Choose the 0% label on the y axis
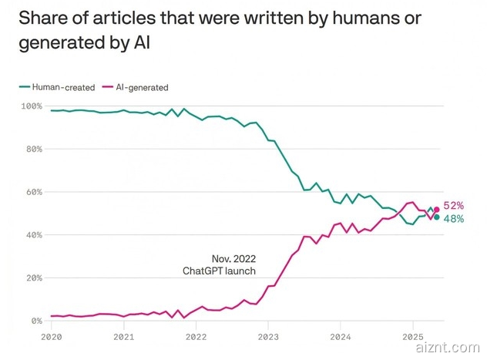tap(35, 321)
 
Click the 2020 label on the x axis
tap(50, 336)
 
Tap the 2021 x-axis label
tap(123, 336)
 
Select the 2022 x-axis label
tap(196, 336)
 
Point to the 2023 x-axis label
tap(268, 336)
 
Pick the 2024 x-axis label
tap(341, 336)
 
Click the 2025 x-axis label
tap(413, 336)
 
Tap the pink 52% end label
tap(454, 206)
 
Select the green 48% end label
tap(454, 219)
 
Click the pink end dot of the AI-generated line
tap(437, 209)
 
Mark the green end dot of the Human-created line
tap(437, 217)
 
